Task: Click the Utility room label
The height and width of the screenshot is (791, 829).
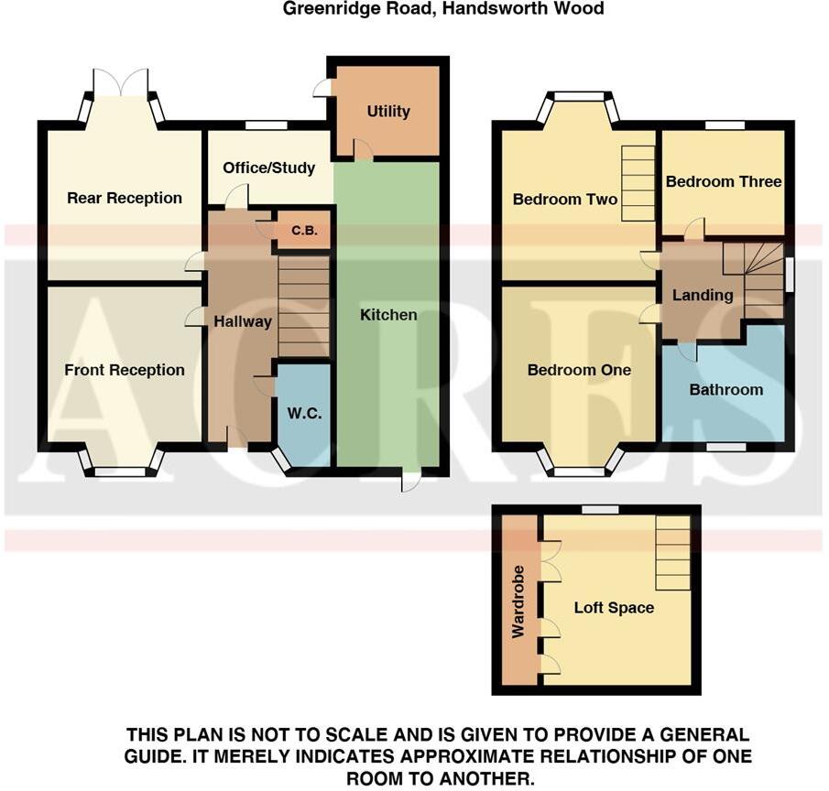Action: point(388,112)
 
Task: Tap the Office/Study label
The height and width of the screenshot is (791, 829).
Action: point(269,168)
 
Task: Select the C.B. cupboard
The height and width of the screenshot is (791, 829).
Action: point(304,231)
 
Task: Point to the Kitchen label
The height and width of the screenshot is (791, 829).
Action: point(388,315)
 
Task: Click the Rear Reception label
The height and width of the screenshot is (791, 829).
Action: point(125,198)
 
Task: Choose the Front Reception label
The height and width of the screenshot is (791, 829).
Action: point(125,370)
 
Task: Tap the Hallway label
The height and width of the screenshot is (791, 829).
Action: point(243,321)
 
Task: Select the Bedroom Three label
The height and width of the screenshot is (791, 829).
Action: point(724,181)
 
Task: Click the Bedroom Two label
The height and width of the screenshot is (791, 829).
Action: point(565,199)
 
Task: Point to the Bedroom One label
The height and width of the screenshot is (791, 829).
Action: point(579,370)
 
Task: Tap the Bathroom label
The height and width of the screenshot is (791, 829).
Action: point(725,389)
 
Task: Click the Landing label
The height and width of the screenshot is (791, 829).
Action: point(703,295)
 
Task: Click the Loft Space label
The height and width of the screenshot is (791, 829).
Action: point(614,607)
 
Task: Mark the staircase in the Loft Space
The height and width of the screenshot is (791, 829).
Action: point(673,552)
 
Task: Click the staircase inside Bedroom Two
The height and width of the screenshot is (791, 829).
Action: point(638,183)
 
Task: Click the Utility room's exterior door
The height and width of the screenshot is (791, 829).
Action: point(322,88)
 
